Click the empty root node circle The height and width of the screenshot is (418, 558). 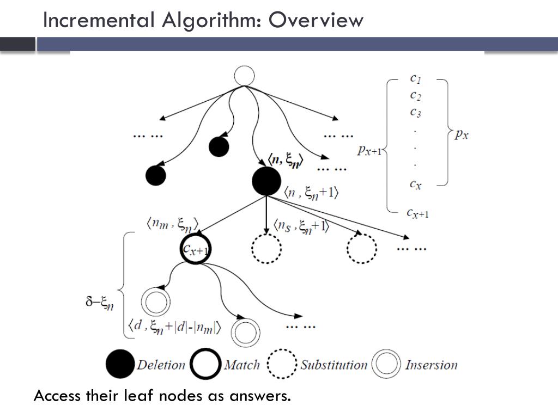point(244,76)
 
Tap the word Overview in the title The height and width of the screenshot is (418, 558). point(316,20)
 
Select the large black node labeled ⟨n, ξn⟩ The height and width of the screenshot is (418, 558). point(266,181)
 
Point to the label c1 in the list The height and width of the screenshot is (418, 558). point(415,78)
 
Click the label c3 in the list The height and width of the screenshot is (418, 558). point(415,113)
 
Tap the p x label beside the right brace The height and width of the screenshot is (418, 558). point(461,134)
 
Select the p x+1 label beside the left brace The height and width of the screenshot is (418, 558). point(369,150)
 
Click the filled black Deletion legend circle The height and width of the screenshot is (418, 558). point(120,365)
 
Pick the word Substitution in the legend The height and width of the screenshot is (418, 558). point(333,365)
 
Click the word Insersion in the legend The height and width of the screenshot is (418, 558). point(431,365)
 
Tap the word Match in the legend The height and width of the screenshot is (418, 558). point(241,365)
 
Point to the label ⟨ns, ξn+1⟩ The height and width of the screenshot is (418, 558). point(301,225)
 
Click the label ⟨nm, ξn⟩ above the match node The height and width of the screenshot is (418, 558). point(172,223)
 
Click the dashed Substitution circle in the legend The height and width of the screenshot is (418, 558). point(282,365)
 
